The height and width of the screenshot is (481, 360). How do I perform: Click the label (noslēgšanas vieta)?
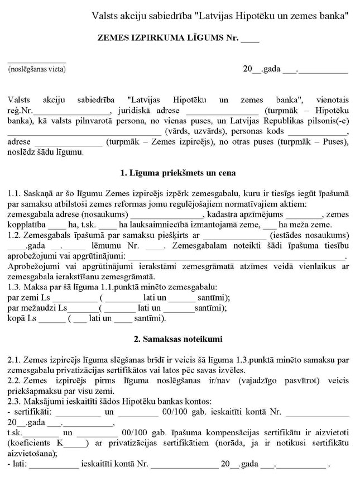click(37, 69)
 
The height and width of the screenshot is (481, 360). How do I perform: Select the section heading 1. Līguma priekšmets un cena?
click(178, 173)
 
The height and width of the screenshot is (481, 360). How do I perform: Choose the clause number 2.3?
click(15, 401)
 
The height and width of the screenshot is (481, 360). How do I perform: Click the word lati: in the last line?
click(19, 464)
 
